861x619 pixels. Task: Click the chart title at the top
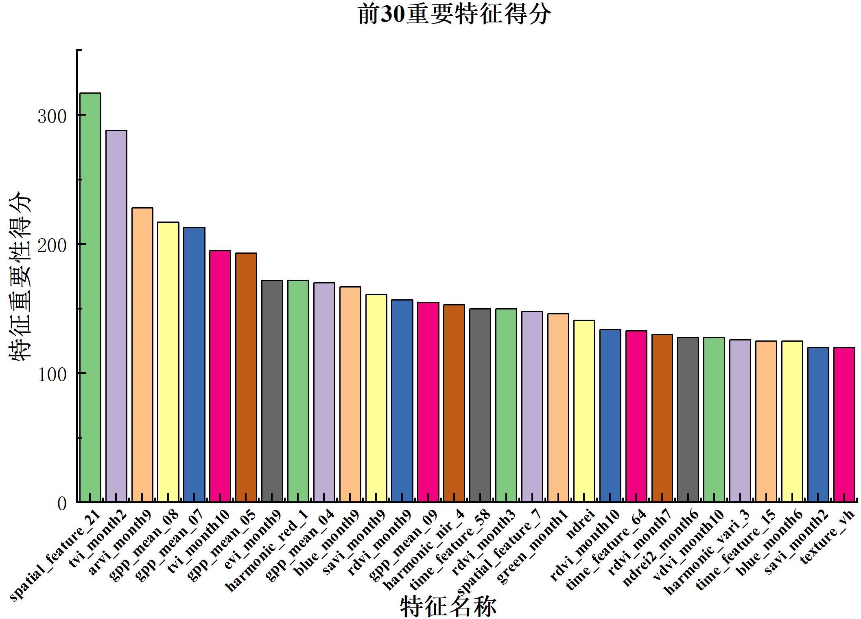pos(455,15)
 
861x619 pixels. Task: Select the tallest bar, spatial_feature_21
pos(90,297)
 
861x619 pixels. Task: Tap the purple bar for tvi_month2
pos(116,316)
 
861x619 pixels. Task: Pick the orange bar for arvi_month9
pos(142,355)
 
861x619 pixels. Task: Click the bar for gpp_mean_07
pos(194,364)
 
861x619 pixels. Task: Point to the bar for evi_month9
pos(272,391)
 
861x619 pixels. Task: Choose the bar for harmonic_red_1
pos(298,391)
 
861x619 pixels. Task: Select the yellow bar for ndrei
pos(584,411)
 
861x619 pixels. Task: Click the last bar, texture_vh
pos(844,424)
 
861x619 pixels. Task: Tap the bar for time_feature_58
pos(480,405)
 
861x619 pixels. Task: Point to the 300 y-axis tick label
pos(52,117)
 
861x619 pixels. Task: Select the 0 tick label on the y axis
pos(61,504)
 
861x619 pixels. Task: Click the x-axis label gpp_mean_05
pos(222,546)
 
